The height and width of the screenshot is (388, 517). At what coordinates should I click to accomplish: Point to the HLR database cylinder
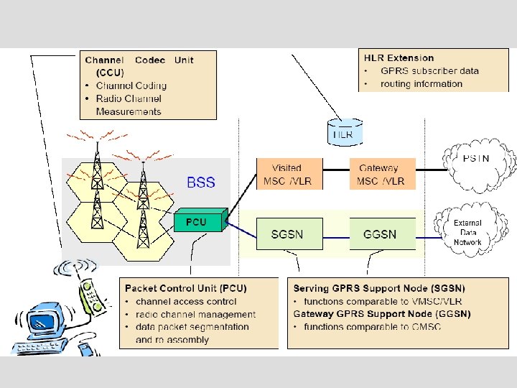pyautogui.click(x=344, y=131)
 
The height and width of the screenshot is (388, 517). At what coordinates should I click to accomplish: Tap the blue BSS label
pyautogui.click(x=200, y=183)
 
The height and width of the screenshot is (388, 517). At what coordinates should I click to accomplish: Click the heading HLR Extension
pyautogui.click(x=399, y=57)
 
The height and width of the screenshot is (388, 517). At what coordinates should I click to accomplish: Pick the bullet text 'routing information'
pyautogui.click(x=421, y=83)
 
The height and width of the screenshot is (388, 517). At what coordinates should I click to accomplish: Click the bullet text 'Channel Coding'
pyautogui.click(x=129, y=86)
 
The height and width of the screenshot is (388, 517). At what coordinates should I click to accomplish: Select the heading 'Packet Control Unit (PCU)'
pyautogui.click(x=185, y=288)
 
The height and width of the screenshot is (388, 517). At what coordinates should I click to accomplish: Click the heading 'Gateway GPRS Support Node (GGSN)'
pyautogui.click(x=382, y=314)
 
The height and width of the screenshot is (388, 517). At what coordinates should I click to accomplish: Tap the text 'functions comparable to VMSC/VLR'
pyautogui.click(x=374, y=301)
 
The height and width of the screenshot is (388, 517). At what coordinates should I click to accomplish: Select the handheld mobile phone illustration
pyautogui.click(x=90, y=295)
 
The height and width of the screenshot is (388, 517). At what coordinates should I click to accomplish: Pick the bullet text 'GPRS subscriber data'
pyautogui.click(x=429, y=70)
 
